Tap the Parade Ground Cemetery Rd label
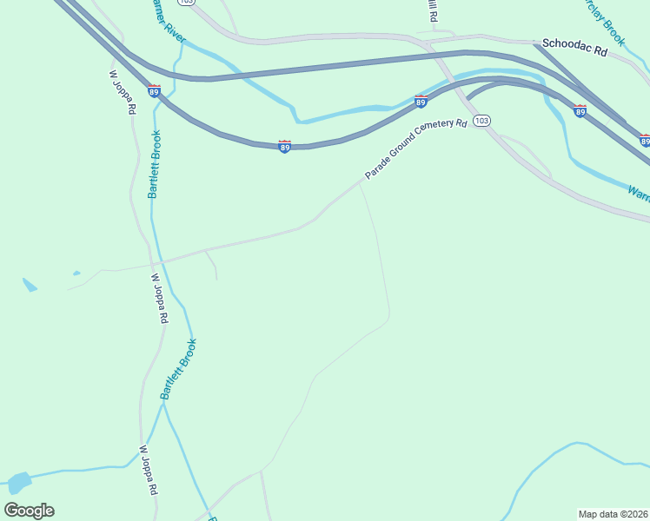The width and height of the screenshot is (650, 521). point(415,149)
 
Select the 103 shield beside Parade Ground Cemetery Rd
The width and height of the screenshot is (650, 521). point(482,121)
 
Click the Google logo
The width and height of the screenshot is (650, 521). point(29,511)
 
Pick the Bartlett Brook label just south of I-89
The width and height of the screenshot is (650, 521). point(154,164)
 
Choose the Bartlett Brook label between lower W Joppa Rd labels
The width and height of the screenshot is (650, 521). point(178,369)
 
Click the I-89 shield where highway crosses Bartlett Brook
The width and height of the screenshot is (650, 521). point(154,91)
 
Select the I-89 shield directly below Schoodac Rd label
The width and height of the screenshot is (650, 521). point(580,110)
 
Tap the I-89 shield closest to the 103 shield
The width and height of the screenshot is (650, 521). point(421,102)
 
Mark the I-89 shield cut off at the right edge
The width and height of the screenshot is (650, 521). point(645,140)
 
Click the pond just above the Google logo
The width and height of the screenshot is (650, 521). point(17,481)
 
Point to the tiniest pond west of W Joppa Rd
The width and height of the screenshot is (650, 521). point(76,274)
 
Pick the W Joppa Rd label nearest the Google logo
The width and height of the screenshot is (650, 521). point(148,472)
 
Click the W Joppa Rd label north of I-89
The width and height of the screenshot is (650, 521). point(123,92)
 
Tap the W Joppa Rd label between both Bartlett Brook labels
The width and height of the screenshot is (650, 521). point(159,300)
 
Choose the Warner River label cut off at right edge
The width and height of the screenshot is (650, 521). point(639,192)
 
